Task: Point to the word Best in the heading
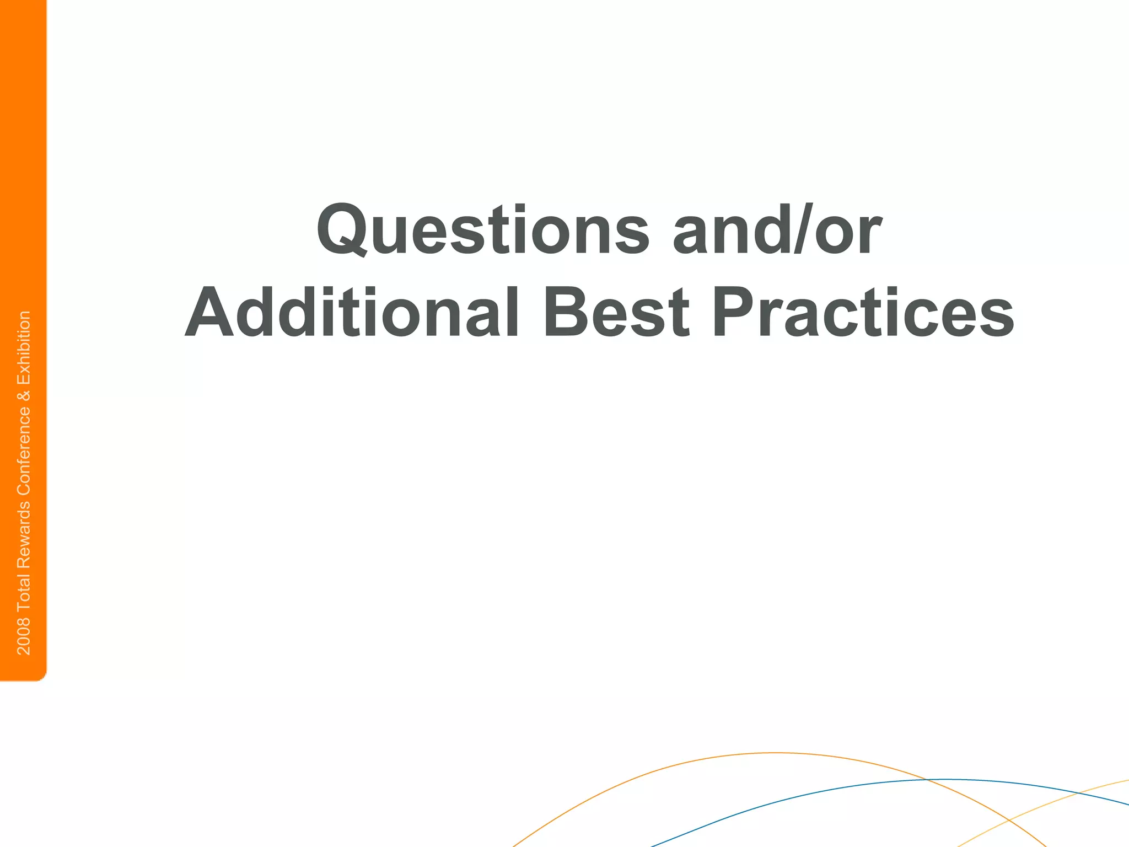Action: (x=616, y=312)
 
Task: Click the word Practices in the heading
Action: (x=863, y=312)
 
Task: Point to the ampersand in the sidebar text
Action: (x=24, y=395)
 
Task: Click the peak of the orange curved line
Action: (x=775, y=753)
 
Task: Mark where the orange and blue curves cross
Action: (x=928, y=780)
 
